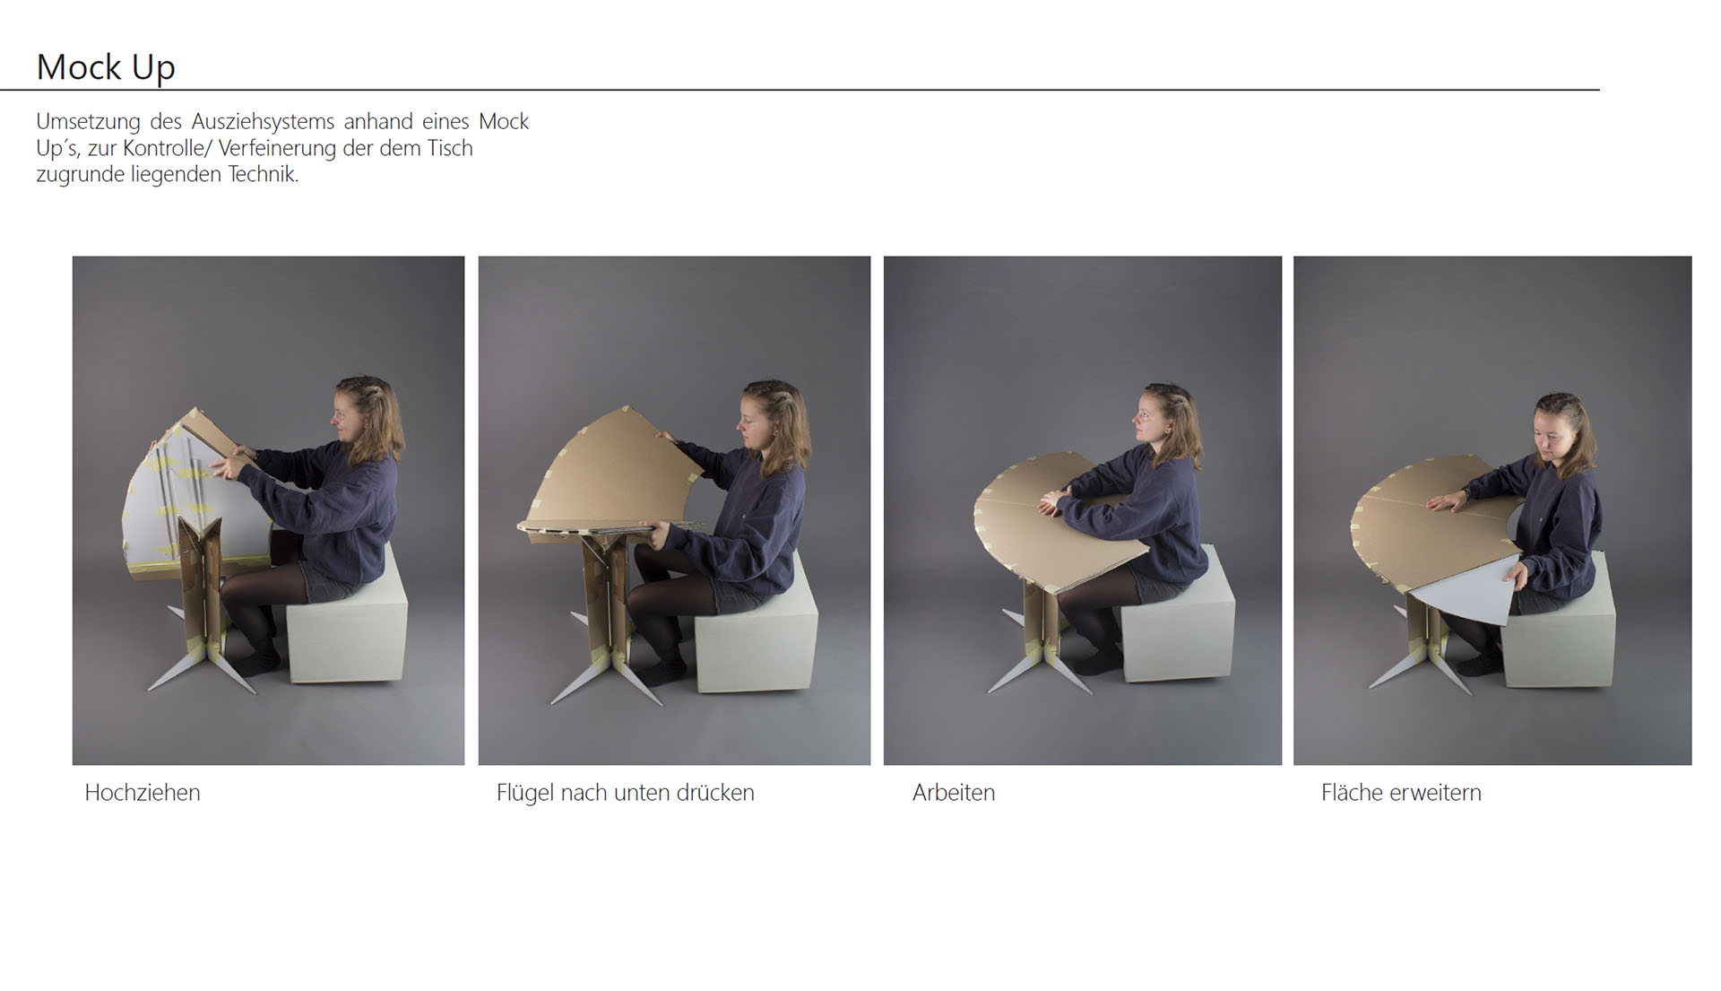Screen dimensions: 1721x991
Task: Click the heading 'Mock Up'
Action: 106,67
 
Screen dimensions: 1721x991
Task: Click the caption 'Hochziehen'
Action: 143,793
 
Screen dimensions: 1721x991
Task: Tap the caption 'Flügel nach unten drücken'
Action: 626,793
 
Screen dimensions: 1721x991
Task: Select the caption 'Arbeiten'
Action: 954,793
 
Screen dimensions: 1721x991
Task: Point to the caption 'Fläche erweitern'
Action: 1401,793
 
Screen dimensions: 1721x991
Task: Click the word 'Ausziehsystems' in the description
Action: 263,121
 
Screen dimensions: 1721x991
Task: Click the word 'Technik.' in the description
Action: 263,174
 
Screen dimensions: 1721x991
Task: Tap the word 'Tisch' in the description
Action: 449,148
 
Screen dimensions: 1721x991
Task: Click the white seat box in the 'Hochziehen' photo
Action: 346,617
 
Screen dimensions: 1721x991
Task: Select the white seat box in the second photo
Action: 756,628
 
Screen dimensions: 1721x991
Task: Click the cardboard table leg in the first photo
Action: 202,583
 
